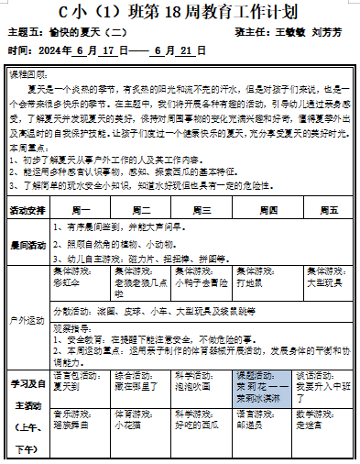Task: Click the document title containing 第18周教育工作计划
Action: pyautogui.click(x=180, y=12)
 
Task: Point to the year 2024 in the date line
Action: pyautogui.click(x=52, y=50)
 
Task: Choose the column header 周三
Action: pyautogui.click(x=202, y=210)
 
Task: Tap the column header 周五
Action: pyautogui.click(x=325, y=210)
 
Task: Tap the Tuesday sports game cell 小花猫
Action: pyautogui.click(x=128, y=426)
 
